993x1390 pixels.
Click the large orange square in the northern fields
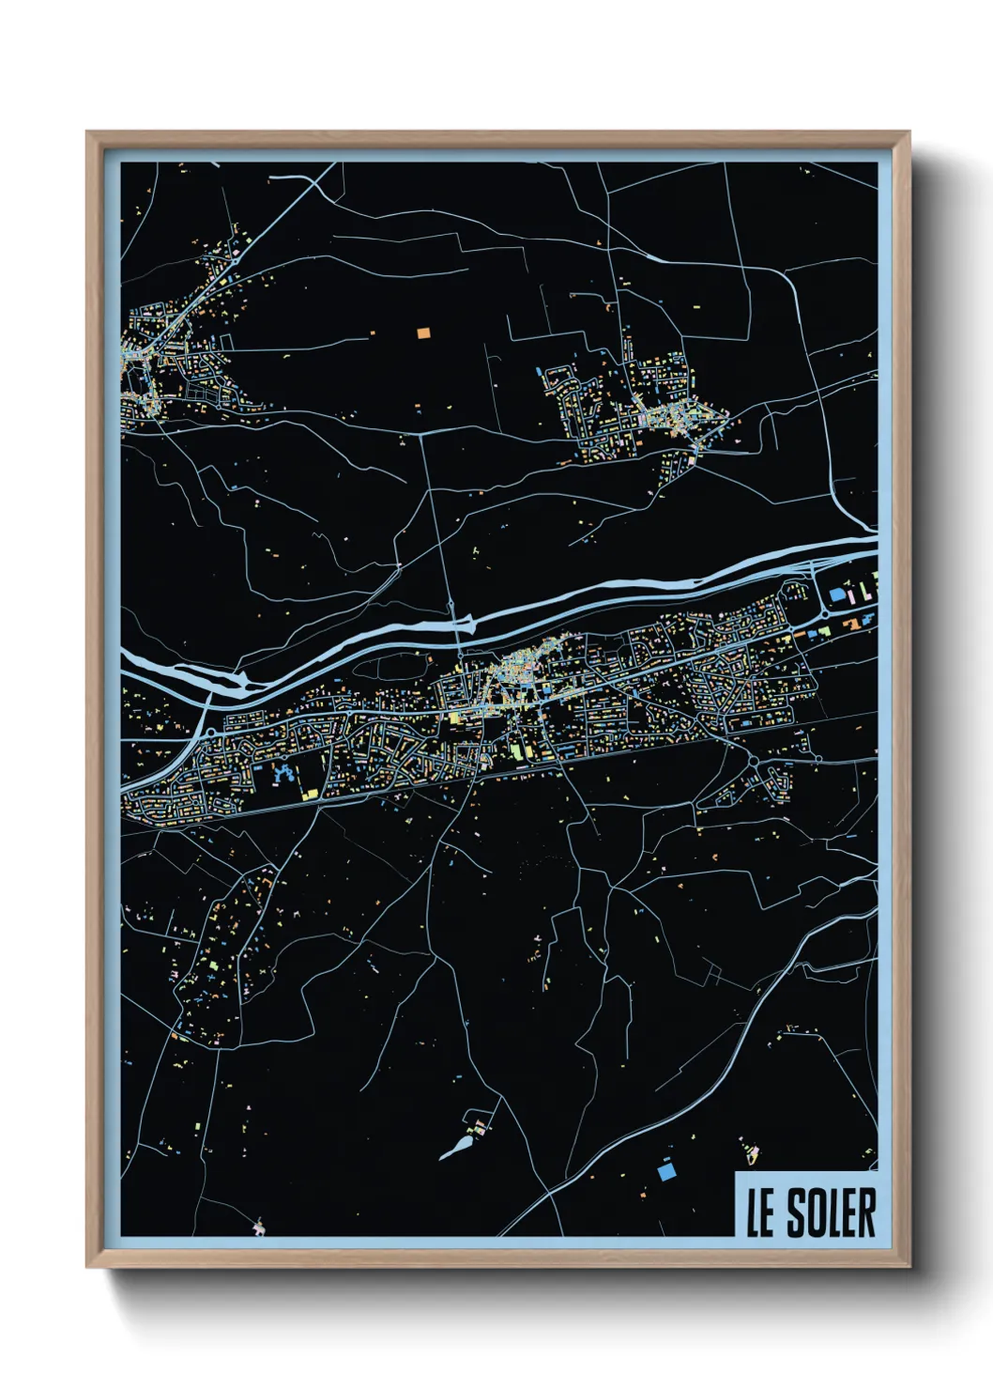(422, 332)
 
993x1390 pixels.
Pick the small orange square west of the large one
(373, 332)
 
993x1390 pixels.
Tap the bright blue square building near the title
(666, 1171)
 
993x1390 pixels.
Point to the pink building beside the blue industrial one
(850, 595)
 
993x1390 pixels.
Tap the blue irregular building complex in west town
(281, 775)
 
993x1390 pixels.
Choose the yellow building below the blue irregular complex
(309, 793)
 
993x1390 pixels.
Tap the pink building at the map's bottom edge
(259, 1225)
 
